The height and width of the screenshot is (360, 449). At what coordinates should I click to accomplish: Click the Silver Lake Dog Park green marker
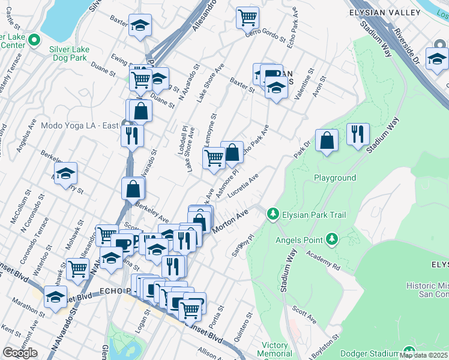click(x=34, y=40)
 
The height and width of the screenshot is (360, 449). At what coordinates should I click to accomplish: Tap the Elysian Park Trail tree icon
click(x=273, y=214)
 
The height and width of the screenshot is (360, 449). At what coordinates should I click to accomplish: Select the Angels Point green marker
click(x=331, y=241)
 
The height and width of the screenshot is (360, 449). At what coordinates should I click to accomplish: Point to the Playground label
click(x=335, y=178)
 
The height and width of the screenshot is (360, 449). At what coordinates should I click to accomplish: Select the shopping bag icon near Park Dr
click(x=326, y=140)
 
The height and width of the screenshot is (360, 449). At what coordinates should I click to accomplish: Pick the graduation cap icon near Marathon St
click(x=55, y=298)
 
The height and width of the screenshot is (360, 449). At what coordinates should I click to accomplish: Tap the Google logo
click(x=20, y=353)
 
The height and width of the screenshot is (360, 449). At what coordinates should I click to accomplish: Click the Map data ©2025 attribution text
click(x=424, y=356)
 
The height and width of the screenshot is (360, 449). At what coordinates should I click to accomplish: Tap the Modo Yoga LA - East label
click(x=79, y=126)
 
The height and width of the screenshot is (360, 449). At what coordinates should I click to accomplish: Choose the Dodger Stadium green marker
click(x=409, y=352)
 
